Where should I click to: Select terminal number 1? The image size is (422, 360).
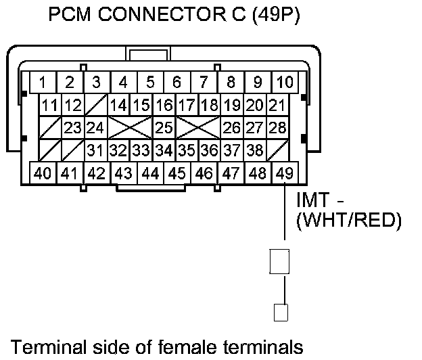tap(42, 83)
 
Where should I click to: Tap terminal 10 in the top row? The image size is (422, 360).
tap(285, 83)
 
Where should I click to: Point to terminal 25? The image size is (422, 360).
tap(162, 127)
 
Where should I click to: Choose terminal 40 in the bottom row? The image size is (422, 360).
tap(42, 173)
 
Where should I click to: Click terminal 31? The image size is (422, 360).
tap(95, 150)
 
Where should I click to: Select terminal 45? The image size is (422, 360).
tap(177, 173)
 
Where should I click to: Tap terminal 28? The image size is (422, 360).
tap(275, 127)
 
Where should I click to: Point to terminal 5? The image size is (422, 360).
tap(150, 83)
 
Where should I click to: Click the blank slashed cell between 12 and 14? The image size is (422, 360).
tap(95, 105)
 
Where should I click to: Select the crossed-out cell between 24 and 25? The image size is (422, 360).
tap(129, 127)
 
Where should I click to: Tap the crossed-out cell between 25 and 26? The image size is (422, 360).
tap(197, 127)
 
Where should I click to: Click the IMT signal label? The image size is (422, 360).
tap(318, 202)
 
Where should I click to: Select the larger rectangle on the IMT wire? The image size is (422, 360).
tap(279, 261)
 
